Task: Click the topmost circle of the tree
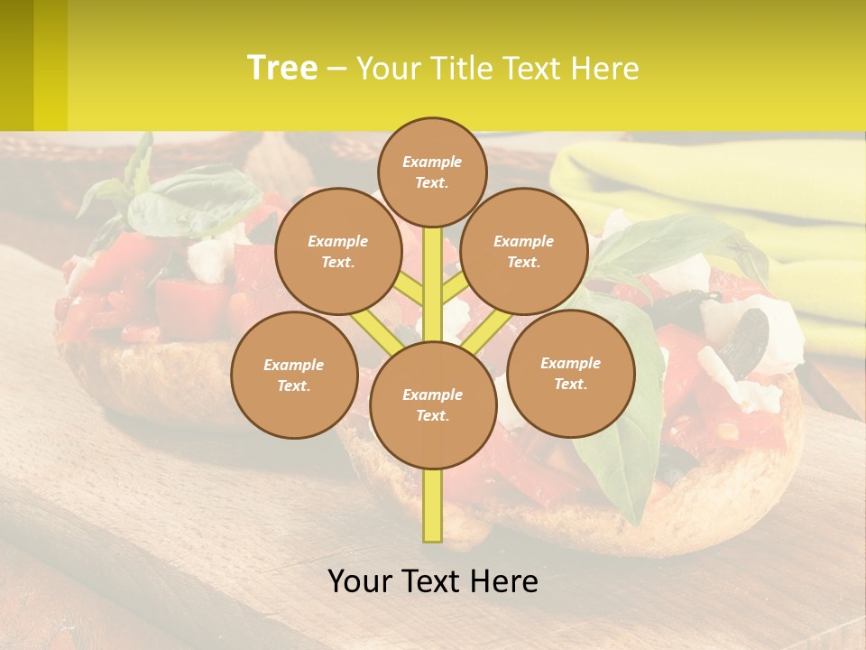point(432,172)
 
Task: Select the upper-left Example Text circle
point(338,251)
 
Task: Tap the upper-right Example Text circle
point(524,251)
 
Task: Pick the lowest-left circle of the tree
point(294,375)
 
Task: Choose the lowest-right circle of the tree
point(570,373)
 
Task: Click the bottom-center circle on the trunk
point(433,404)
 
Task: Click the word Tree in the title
point(282,68)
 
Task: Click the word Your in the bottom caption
point(360,580)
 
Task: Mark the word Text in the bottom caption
point(430,580)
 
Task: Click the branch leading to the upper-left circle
point(408,290)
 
